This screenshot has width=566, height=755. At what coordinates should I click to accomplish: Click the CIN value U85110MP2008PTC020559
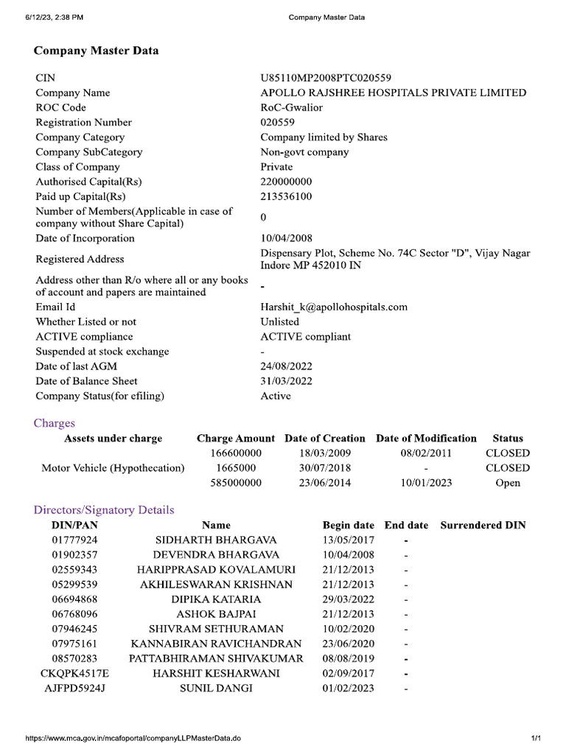[x=326, y=77]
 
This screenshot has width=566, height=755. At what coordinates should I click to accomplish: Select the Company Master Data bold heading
[x=96, y=51]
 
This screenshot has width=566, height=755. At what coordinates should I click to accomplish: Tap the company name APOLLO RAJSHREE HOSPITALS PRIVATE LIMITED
[x=393, y=92]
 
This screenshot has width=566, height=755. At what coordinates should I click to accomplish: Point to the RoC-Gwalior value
[x=291, y=107]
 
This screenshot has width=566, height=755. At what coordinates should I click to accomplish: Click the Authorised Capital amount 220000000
[x=286, y=181]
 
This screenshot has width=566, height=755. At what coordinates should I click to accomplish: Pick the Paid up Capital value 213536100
[x=286, y=196]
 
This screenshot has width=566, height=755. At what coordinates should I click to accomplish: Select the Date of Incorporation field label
[x=85, y=238]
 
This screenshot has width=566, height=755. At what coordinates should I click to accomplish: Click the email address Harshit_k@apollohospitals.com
[x=334, y=307]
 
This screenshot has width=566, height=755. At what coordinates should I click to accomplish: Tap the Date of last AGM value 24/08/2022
[x=286, y=366]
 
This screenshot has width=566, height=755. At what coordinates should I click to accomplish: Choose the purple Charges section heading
[x=55, y=423]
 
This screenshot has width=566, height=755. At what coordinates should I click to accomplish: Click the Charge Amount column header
[x=236, y=438]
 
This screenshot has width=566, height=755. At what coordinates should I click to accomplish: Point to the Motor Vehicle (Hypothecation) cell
[x=113, y=467]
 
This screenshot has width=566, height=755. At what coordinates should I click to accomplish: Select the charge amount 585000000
[x=236, y=483]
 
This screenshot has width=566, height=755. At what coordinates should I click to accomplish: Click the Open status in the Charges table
[x=508, y=483]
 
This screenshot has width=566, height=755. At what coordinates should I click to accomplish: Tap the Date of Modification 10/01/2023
[x=427, y=483]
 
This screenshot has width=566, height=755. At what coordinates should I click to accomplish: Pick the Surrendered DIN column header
[x=483, y=525]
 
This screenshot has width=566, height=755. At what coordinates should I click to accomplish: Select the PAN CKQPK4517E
[x=74, y=673]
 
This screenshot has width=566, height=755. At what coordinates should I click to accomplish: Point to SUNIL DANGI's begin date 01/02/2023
[x=348, y=688]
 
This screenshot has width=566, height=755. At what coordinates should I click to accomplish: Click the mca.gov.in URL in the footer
[x=133, y=738]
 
